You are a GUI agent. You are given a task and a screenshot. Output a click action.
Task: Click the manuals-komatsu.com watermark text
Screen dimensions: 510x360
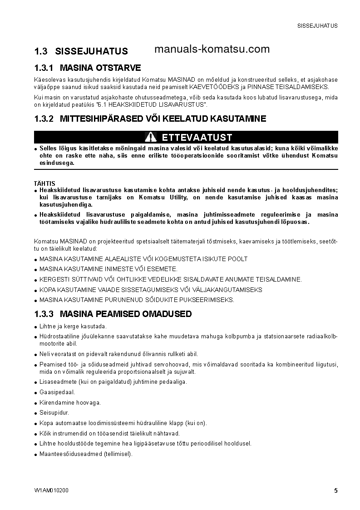[212, 50]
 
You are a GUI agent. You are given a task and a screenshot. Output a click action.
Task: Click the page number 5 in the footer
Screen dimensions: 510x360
[336, 490]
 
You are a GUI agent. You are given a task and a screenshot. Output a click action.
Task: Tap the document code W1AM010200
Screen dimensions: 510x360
[51, 490]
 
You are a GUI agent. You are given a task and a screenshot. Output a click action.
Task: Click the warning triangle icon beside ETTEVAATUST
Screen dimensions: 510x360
[151, 137]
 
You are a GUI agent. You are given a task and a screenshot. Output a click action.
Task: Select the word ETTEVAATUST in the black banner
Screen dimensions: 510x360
[197, 137]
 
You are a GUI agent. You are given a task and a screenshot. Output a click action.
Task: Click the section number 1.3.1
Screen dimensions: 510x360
[44, 68]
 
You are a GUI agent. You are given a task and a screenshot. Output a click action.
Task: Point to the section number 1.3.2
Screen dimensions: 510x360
[44, 119]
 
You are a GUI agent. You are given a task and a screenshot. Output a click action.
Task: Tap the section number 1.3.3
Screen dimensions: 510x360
[44, 314]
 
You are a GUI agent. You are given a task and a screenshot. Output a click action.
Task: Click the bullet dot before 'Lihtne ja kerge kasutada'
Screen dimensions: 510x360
[36, 327]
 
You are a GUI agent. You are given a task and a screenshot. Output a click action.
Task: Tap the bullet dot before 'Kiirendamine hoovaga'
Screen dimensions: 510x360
[36, 403]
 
